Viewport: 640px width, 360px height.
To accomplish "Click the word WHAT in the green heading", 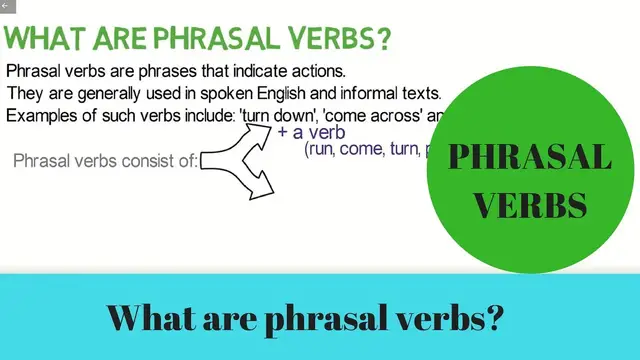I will [x=43, y=40].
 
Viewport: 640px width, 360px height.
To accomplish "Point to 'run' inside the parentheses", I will [x=322, y=150].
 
